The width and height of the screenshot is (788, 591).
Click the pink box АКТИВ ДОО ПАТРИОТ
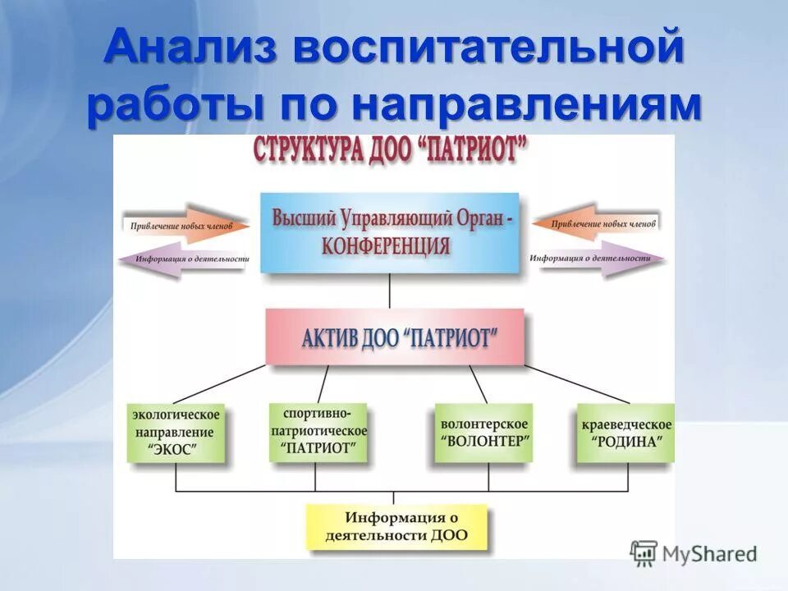click(x=394, y=337)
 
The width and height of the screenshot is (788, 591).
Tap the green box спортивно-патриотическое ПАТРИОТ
click(x=318, y=433)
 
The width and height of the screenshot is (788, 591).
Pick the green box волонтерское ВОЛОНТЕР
click(x=484, y=433)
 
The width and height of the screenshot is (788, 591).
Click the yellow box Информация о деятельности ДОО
click(x=396, y=526)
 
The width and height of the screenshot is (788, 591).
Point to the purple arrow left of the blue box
click(x=184, y=259)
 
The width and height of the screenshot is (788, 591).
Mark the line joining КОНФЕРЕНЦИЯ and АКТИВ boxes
click(x=390, y=291)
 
